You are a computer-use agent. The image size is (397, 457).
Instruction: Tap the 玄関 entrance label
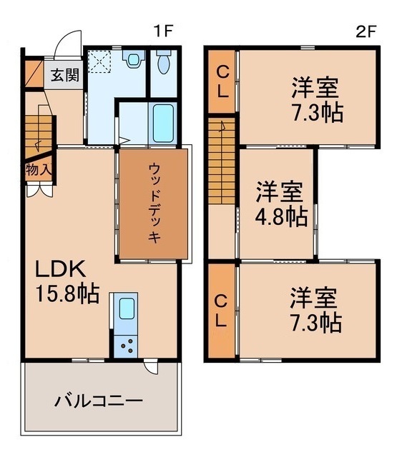64,74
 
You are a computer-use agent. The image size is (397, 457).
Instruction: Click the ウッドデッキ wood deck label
154,204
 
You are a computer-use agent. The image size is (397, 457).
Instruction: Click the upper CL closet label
223,81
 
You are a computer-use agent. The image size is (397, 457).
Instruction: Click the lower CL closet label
223,311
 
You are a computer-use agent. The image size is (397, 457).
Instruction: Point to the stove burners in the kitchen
127,346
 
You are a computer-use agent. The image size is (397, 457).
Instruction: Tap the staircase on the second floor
221,164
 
